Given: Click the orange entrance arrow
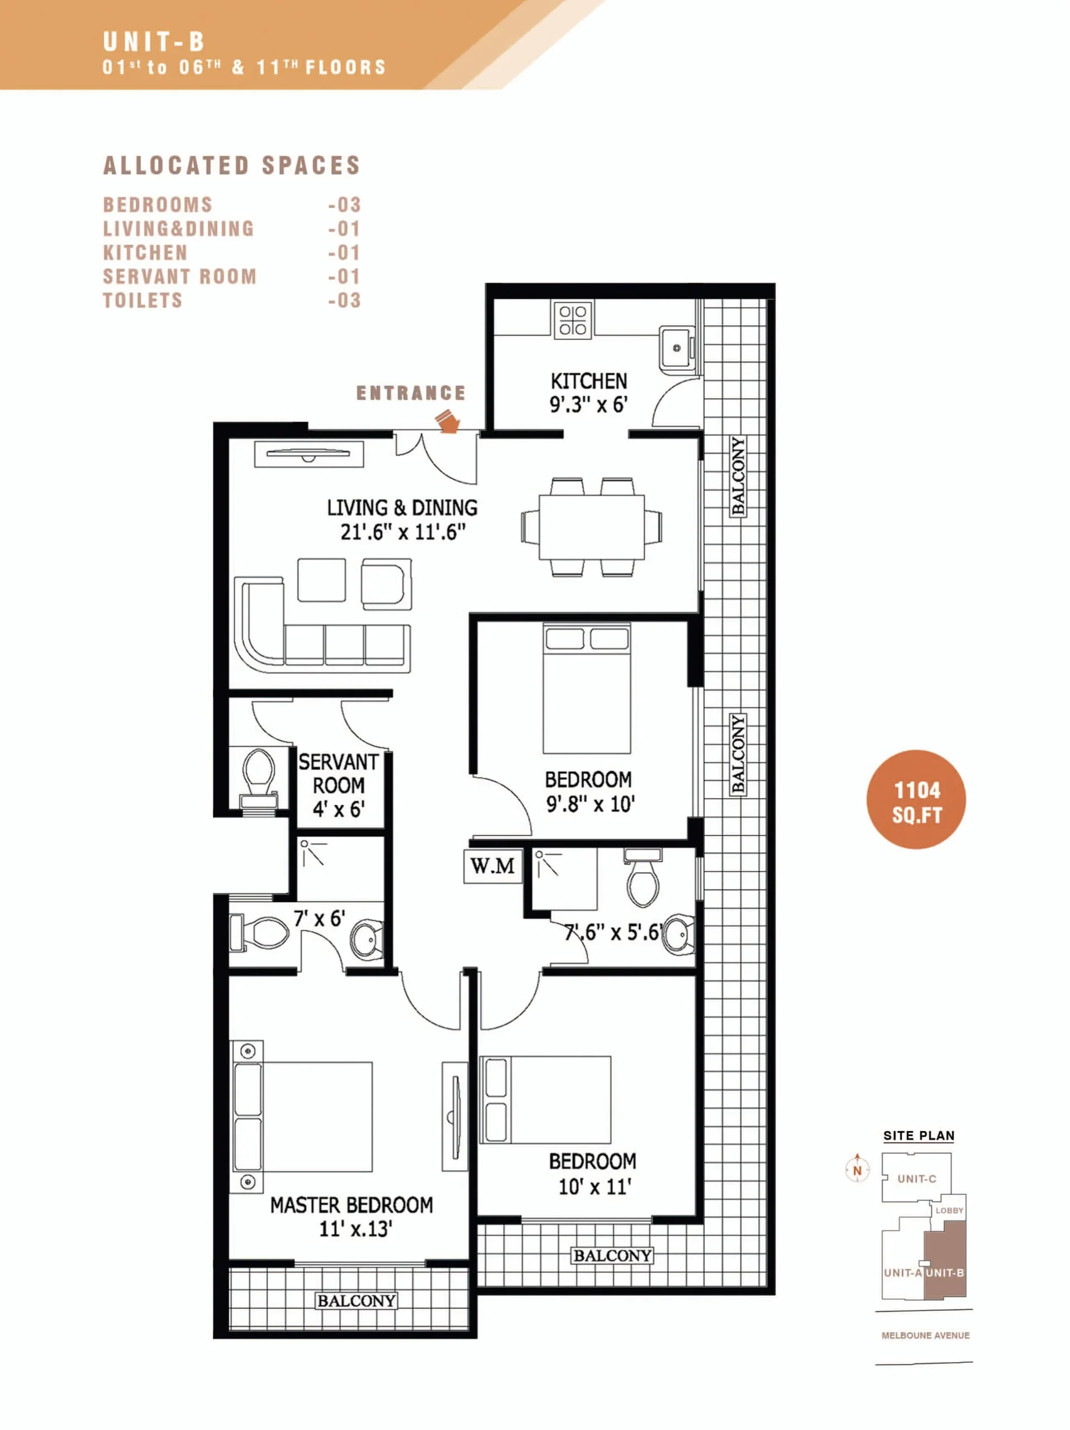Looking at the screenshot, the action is [x=447, y=421].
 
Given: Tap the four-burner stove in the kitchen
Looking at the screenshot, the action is [x=573, y=320].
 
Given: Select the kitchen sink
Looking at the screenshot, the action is [x=676, y=349].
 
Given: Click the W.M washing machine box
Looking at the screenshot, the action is [x=493, y=866].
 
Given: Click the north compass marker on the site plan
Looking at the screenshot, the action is [x=857, y=1169].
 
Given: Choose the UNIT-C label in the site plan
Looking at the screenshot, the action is [x=917, y=1179].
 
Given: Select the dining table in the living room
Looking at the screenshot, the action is [x=592, y=527].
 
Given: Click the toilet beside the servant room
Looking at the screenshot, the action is [x=259, y=778].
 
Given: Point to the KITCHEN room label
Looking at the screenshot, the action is [x=588, y=381].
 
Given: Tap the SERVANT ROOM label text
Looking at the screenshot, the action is [x=338, y=774].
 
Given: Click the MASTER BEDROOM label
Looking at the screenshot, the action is [x=351, y=1205].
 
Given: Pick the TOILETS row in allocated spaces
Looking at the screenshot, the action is [x=231, y=301].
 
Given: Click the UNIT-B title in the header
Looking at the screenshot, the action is [x=154, y=42].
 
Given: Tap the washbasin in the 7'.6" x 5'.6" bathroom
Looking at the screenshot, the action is [x=678, y=934].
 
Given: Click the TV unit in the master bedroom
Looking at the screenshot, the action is [x=454, y=1117].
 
